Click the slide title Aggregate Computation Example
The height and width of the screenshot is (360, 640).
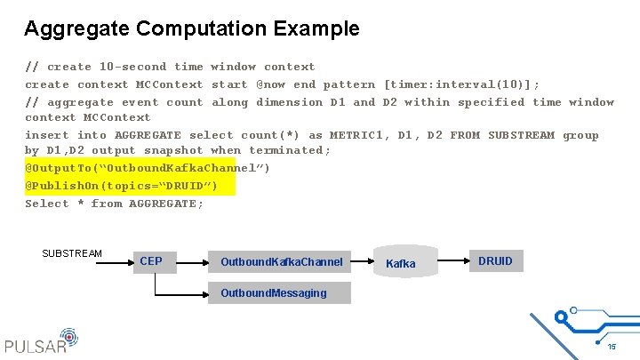click(x=192, y=28)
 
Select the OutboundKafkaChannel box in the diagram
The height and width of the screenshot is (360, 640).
click(x=281, y=261)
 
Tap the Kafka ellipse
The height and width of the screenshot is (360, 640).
click(x=401, y=262)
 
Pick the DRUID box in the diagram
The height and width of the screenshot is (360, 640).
click(x=495, y=260)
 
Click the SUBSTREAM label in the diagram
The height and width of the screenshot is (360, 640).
click(x=72, y=253)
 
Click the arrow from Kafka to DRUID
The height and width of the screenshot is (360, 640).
click(x=454, y=260)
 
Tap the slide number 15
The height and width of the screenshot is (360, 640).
click(x=612, y=347)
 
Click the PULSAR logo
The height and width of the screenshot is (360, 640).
click(x=41, y=342)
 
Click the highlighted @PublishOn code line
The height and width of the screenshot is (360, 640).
click(x=121, y=185)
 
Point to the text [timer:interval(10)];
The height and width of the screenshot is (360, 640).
click(x=461, y=84)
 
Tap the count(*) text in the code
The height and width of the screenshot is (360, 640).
click(x=271, y=135)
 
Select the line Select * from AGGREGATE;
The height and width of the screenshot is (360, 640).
click(x=114, y=203)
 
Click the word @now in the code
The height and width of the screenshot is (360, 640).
click(x=271, y=84)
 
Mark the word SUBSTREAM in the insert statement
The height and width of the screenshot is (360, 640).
click(x=522, y=135)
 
